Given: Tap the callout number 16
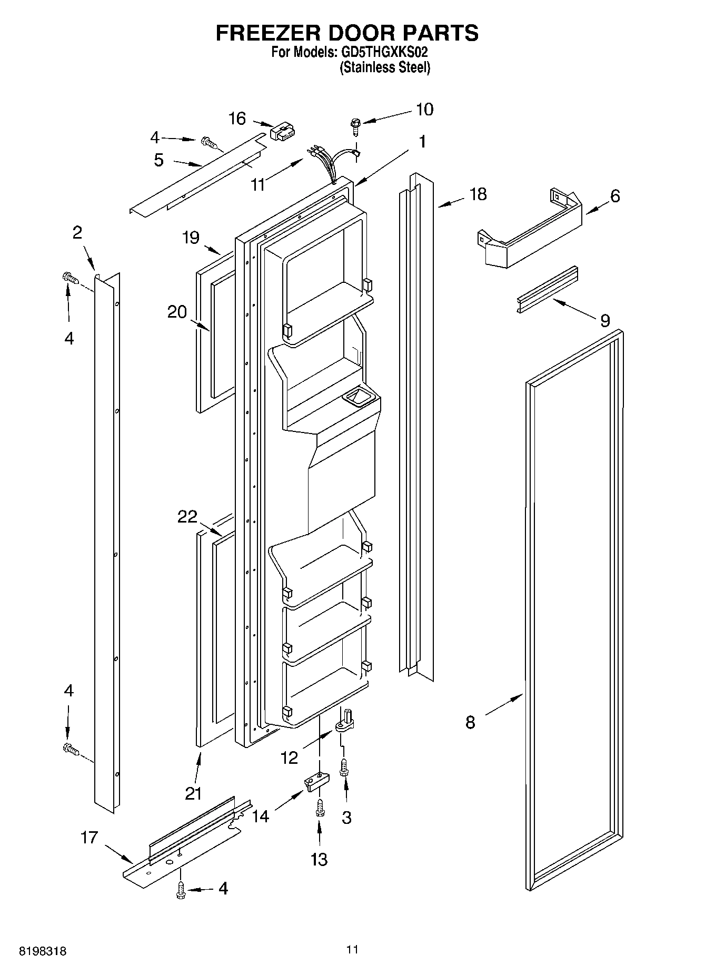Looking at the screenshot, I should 237,119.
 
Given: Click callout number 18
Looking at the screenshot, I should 478,194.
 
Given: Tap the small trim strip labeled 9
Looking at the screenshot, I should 547,289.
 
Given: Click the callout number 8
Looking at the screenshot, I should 470,722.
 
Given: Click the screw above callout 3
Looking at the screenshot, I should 344,766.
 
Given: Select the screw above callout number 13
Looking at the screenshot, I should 320,808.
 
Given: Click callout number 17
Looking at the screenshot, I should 90,837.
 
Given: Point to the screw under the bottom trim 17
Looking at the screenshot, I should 181,889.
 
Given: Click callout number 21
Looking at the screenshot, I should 193,793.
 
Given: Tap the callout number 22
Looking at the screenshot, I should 187,517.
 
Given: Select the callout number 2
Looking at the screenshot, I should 77,232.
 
